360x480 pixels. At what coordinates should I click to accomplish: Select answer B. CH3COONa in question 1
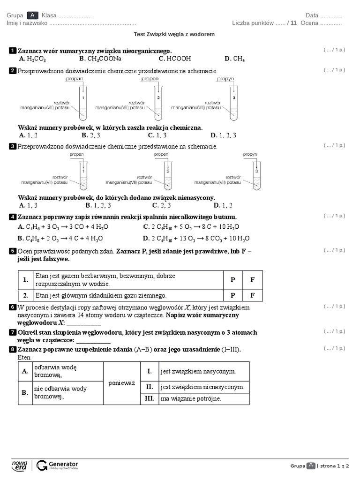click(100, 59)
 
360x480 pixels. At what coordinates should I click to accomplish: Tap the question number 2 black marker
click(13, 71)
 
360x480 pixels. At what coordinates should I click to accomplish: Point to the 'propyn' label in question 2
click(225, 79)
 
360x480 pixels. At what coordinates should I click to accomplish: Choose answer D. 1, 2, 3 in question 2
click(224, 135)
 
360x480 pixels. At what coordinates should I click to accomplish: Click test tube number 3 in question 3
click(256, 172)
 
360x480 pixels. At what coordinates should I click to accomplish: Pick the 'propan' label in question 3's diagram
click(77, 154)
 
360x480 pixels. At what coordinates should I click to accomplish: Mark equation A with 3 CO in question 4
click(63, 227)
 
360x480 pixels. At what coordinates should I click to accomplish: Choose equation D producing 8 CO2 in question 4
click(196, 238)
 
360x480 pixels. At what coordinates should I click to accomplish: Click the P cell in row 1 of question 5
click(232, 280)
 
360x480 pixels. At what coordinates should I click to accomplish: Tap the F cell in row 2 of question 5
click(252, 295)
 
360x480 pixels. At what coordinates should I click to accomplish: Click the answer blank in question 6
click(84, 323)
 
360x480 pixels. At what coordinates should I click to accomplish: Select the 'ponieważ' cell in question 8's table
click(121, 383)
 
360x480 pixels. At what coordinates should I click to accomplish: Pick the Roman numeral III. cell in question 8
click(150, 398)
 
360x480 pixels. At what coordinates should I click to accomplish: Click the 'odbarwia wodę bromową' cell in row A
click(67, 371)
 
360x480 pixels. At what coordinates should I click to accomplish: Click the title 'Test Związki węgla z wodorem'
click(174, 34)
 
